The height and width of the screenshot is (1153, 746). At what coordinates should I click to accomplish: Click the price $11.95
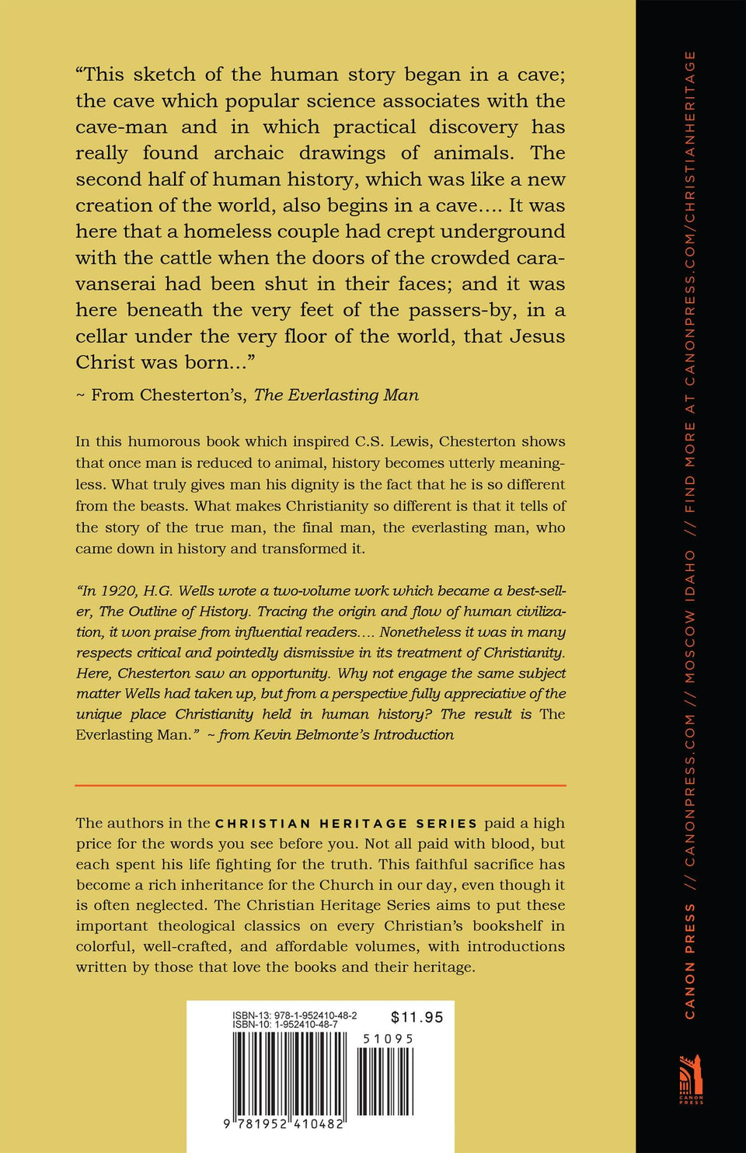pos(417,1017)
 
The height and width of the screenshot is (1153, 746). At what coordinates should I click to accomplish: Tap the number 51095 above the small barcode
pos(389,1039)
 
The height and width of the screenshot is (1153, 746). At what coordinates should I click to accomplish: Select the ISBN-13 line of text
pos(295,1015)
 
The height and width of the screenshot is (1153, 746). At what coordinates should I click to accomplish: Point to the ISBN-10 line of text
pos(284,1025)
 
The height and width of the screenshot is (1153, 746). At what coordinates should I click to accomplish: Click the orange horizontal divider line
pos(320,786)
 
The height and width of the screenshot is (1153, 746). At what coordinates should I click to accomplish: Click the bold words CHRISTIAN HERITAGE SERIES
pos(346,824)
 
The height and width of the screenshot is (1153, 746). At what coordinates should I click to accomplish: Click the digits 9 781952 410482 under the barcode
pos(284,1123)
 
